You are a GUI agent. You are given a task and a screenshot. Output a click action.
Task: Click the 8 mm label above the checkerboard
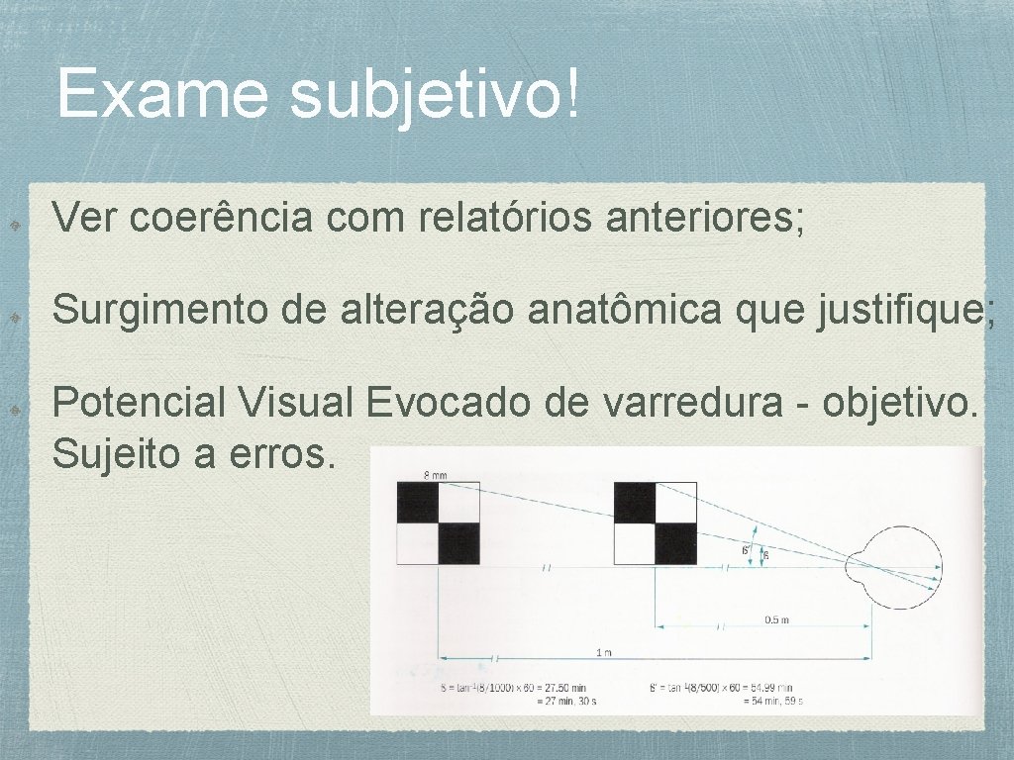pyautogui.click(x=436, y=475)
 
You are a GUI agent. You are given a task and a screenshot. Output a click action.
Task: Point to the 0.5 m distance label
pyautogui.click(x=776, y=620)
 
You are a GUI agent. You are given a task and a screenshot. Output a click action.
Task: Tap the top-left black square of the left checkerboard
pyautogui.click(x=417, y=503)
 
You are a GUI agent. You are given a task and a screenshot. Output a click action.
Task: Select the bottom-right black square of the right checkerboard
pyautogui.click(x=676, y=543)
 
